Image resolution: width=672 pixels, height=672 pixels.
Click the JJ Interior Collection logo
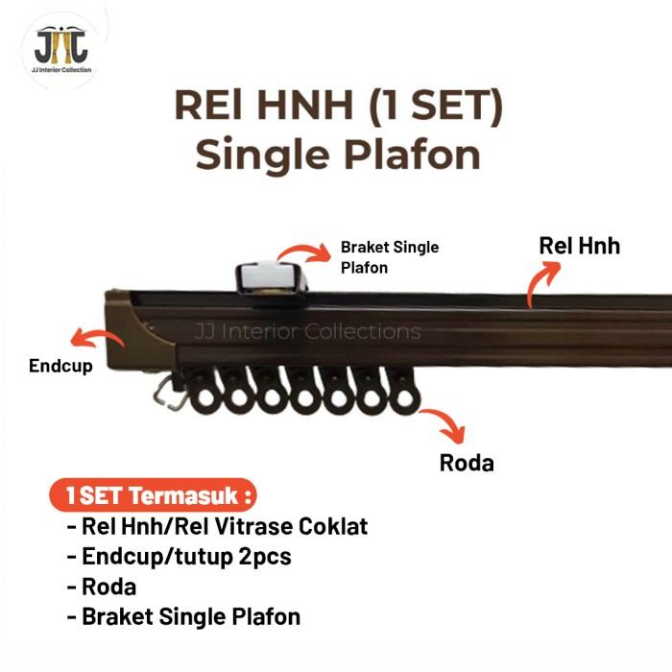[x=60, y=49]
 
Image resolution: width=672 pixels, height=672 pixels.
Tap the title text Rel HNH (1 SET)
[x=338, y=108]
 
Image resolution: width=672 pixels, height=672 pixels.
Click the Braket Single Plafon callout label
[x=389, y=257]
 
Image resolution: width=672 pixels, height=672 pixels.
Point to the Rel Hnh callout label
[x=579, y=246]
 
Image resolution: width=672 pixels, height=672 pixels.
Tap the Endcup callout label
[x=60, y=366]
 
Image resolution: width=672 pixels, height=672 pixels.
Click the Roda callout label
[x=467, y=463]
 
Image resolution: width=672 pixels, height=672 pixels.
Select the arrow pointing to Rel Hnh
[x=542, y=282]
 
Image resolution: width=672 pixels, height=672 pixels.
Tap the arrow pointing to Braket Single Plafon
[x=302, y=253]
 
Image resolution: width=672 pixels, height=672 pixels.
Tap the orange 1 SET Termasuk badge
[x=154, y=497]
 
